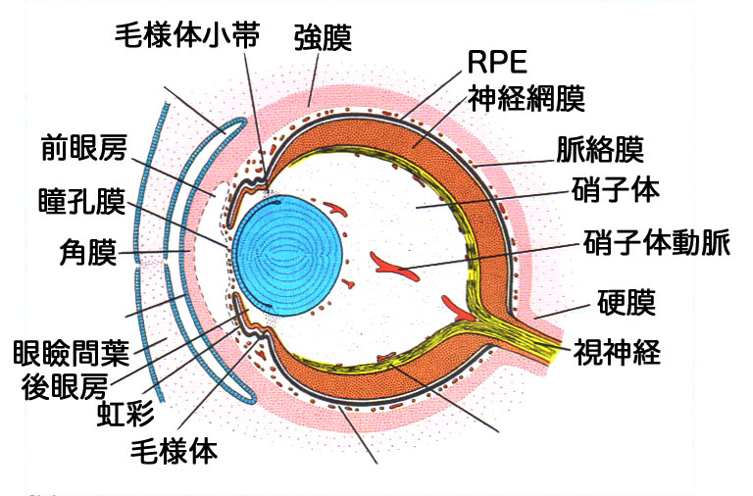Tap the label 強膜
click(x=323, y=37)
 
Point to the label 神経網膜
click(x=526, y=98)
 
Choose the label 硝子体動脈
click(x=656, y=242)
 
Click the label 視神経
click(x=617, y=350)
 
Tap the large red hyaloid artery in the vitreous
click(x=392, y=264)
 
